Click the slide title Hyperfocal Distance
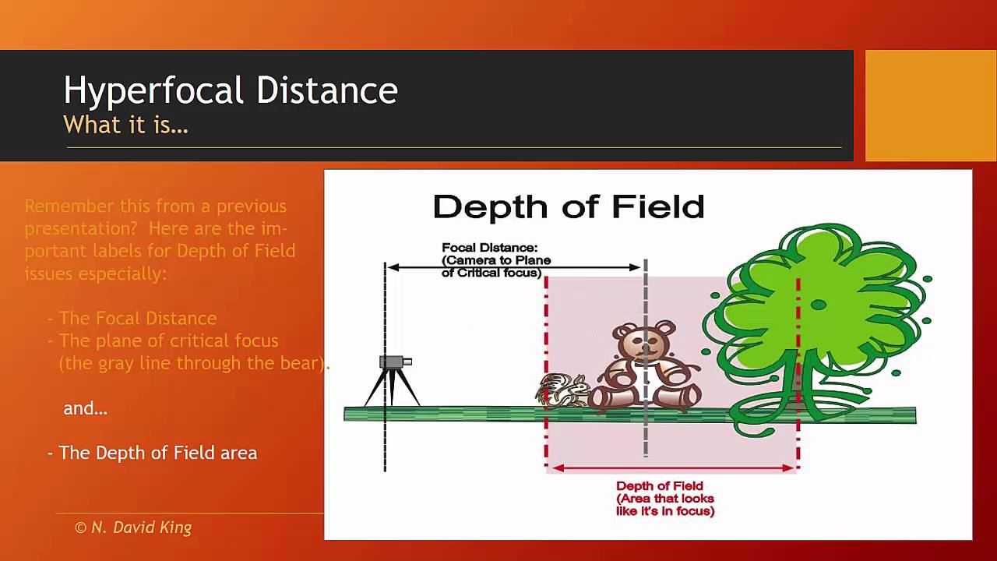231,90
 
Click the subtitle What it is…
125,125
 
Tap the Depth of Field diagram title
568,207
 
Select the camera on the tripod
394,362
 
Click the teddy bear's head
643,341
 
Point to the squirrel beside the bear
562,390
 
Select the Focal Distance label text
495,260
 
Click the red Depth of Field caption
665,499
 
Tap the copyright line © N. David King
133,527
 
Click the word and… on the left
85,408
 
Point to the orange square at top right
930,105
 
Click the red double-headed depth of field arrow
671,468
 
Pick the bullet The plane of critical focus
168,340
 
